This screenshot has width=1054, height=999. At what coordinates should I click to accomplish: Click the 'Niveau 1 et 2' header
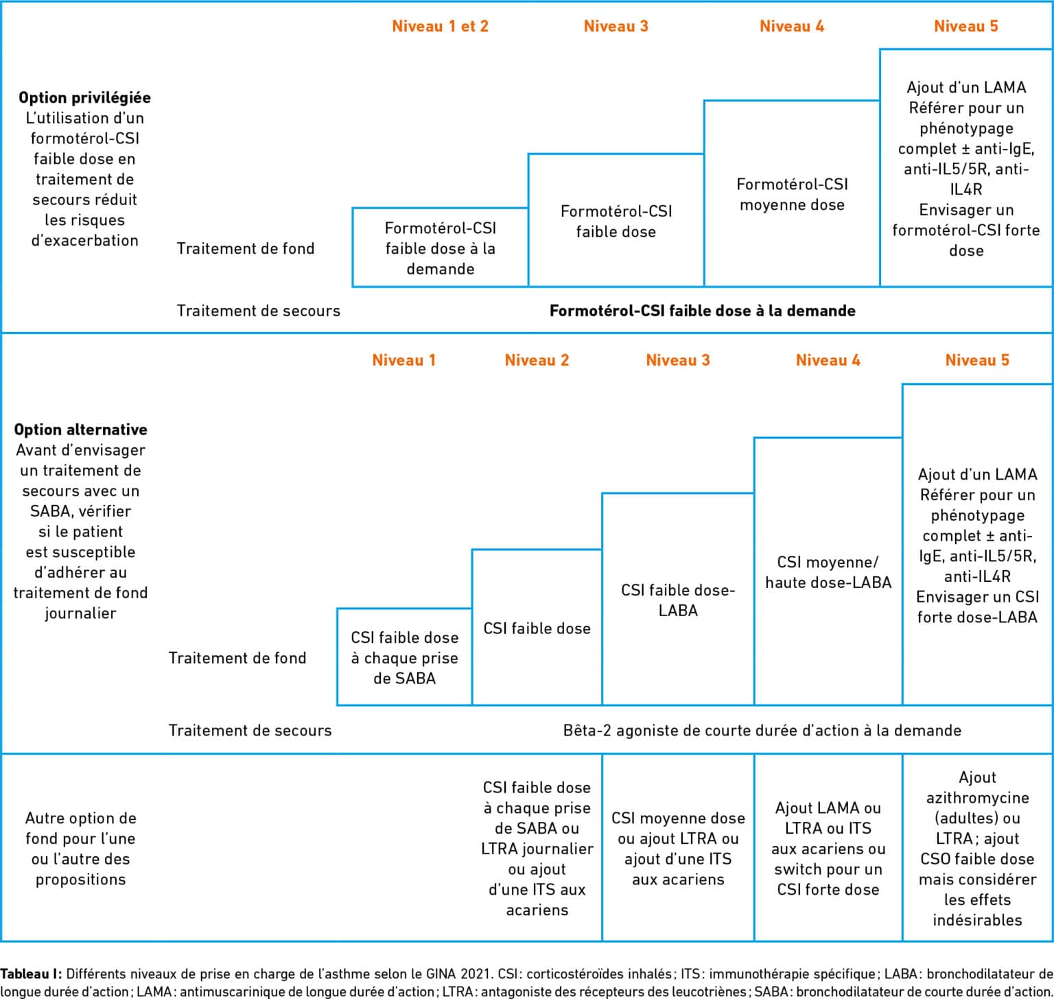coord(440,26)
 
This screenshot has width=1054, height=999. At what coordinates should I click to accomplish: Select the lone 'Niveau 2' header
coord(537,360)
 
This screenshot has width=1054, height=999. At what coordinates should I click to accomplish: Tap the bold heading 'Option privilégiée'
coord(84,97)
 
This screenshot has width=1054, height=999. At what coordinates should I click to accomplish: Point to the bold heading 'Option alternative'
coord(80,430)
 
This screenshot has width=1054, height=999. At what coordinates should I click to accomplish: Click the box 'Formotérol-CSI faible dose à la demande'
coord(440,247)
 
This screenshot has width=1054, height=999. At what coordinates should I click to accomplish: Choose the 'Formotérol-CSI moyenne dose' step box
coord(792,193)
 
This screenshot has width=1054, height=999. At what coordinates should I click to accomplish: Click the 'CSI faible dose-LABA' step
coord(678,599)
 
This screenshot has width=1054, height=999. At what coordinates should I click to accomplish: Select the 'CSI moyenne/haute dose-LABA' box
coord(828,571)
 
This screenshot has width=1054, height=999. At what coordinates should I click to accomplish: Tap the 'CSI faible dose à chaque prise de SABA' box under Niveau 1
coord(404,657)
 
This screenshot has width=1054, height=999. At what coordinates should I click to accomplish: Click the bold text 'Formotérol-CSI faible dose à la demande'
coord(703,311)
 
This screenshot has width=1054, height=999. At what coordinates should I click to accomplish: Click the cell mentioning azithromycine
coord(977,848)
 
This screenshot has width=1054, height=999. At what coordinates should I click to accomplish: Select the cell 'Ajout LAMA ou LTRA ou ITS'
coord(828,848)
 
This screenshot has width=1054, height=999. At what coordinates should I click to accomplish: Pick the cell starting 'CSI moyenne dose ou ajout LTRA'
coord(678,848)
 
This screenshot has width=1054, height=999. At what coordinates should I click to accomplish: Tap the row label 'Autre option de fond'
coord(80,848)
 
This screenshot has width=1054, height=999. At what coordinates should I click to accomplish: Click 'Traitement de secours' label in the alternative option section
coord(250,730)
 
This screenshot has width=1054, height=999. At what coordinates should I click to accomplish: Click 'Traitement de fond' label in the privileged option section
coord(245,248)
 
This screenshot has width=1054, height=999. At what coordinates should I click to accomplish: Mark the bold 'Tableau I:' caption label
coord(31,974)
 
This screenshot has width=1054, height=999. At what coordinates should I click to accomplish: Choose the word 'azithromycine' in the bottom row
coord(977,798)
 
